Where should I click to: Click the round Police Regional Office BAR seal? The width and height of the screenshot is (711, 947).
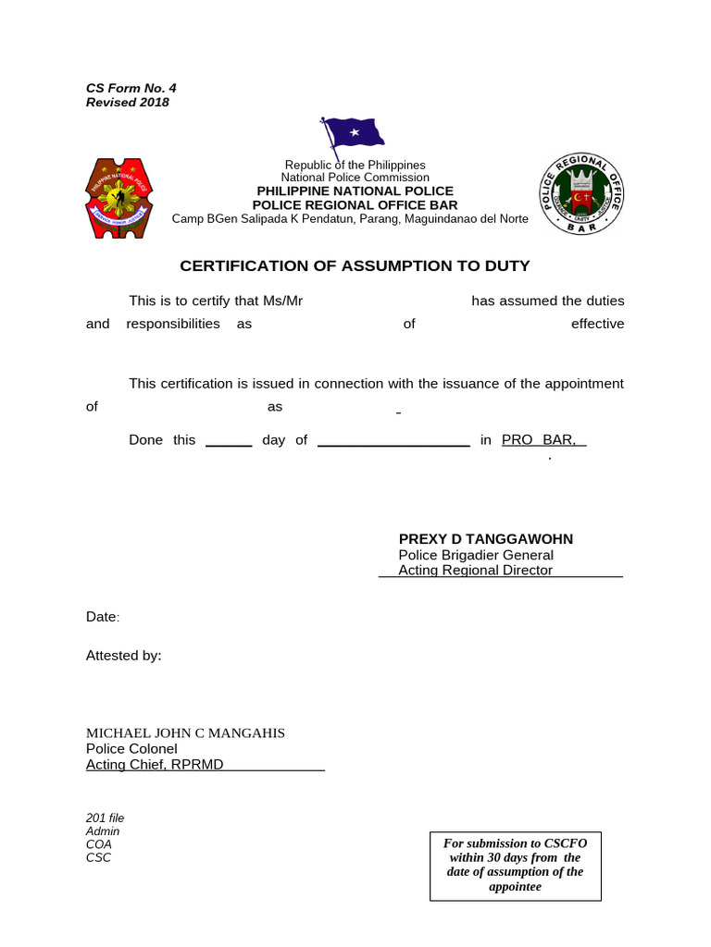[582, 195]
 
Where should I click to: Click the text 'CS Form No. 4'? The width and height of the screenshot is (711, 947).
[131, 88]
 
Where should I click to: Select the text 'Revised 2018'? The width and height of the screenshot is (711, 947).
[128, 103]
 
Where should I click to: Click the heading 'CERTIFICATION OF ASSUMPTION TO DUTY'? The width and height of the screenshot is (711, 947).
[355, 266]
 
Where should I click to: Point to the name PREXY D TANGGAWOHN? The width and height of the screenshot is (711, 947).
[485, 539]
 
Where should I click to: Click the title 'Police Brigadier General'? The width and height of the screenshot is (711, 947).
[476, 555]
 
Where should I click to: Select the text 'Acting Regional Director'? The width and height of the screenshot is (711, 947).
[475, 571]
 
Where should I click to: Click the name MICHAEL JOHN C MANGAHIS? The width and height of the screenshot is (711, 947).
[185, 733]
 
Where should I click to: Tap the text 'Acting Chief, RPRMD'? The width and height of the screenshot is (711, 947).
[155, 765]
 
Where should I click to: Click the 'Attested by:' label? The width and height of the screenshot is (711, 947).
[123, 656]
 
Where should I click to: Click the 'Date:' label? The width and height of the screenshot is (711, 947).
[103, 617]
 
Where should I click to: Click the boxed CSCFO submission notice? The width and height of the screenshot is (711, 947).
[515, 866]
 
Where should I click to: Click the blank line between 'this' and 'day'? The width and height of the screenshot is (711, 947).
[229, 443]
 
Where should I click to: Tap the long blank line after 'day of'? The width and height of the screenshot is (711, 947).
[393, 443]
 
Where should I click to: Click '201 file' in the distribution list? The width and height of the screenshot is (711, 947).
[105, 818]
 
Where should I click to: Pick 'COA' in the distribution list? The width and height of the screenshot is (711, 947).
[99, 844]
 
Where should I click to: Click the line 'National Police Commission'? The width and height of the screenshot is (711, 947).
[355, 178]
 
